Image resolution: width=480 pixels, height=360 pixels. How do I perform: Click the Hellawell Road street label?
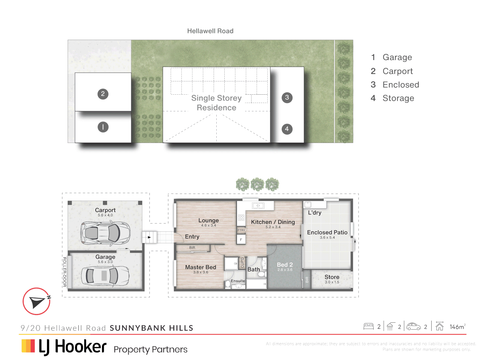click(x=210, y=31)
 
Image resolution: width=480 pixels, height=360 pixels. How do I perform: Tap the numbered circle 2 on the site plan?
click(x=103, y=94)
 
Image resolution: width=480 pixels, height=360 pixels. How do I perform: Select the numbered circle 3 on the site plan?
click(x=287, y=98)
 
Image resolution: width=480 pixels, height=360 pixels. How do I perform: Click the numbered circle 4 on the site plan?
click(x=287, y=129)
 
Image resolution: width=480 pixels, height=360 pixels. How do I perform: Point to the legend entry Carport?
click(x=397, y=71)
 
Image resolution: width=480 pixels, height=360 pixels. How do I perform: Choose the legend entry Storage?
click(x=398, y=98)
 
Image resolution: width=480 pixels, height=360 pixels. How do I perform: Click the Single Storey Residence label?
click(x=216, y=103)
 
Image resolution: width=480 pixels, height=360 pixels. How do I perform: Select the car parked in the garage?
click(x=105, y=276)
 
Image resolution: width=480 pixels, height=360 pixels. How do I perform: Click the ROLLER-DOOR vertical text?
click(x=64, y=272)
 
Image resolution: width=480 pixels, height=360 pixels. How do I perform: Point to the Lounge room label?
click(x=208, y=221)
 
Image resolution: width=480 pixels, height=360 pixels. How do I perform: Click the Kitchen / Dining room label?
click(x=273, y=222)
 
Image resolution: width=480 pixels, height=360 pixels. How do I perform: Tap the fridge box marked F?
click(x=241, y=240)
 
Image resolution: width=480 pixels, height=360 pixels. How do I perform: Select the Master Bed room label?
click(x=200, y=267)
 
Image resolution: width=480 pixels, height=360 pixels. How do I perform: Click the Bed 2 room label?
click(x=285, y=265)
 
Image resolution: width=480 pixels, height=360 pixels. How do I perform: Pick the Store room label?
click(x=332, y=277)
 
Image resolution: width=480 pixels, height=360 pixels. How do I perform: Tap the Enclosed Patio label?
click(x=327, y=232)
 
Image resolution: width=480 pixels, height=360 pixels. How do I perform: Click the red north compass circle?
click(x=36, y=301)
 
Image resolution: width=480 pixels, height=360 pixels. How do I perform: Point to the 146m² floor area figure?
click(x=457, y=327)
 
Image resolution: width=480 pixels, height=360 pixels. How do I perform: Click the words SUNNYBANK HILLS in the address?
click(x=151, y=328)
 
